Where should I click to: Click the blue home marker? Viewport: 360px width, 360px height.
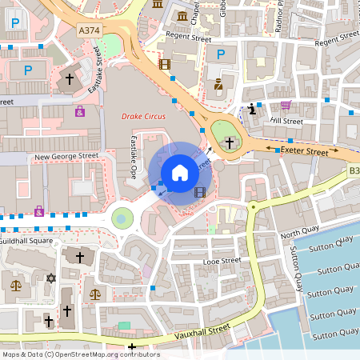[180, 173]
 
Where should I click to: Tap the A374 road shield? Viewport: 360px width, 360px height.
[90, 30]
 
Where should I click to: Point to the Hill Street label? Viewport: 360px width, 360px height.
[287, 121]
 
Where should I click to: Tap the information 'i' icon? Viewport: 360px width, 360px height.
[253, 110]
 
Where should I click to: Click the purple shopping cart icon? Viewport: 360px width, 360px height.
[286, 105]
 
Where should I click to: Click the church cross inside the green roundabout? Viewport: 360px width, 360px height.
[230, 142]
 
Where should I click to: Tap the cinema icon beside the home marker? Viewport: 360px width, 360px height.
[199, 192]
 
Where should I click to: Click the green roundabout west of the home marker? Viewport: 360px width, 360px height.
[122, 217]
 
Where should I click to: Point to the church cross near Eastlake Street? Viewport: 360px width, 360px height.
[69, 79]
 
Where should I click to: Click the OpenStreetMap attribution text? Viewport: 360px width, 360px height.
[80, 354]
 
